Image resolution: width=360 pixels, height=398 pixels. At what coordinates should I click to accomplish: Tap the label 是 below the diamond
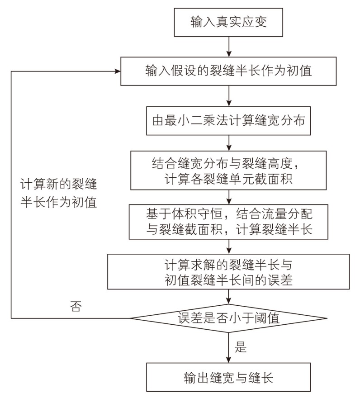pos(241,347)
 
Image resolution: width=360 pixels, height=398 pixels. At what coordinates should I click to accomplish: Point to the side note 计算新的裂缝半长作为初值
pos(59,193)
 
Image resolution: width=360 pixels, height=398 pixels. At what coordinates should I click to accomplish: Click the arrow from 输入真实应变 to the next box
pos(230,47)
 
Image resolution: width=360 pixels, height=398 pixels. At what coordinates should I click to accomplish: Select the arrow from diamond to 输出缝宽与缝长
pos(230,348)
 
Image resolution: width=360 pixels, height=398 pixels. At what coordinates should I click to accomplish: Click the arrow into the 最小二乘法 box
pos(230,96)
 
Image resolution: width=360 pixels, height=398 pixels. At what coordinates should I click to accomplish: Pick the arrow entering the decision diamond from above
pos(230,296)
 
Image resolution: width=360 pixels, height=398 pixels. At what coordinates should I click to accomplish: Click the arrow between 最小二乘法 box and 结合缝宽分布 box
pos(230,143)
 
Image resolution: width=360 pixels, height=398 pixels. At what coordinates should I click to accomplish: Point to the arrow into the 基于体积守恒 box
pos(230,197)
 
